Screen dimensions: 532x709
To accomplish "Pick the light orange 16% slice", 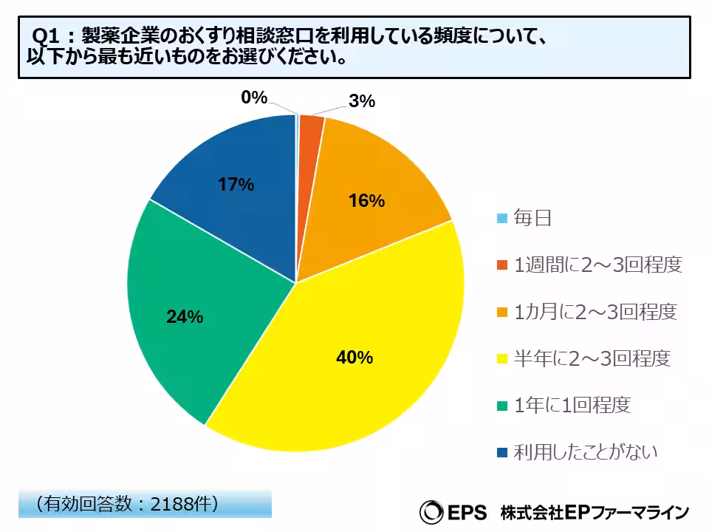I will pyautogui.click(x=369, y=192).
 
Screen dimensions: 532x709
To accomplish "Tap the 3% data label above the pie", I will pyautogui.click(x=362, y=101).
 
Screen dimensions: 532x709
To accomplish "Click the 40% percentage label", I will pyautogui.click(x=354, y=358).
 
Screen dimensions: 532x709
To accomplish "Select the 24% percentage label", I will pyautogui.click(x=185, y=317).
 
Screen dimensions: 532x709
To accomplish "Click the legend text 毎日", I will pyautogui.click(x=533, y=218).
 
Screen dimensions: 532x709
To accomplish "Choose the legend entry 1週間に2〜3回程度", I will pyautogui.click(x=597, y=265).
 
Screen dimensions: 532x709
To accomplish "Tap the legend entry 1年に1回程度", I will pyautogui.click(x=572, y=405).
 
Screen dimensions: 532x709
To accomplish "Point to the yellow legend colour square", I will pyautogui.click(x=502, y=359).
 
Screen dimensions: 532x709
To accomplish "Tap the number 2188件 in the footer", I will pyautogui.click(x=183, y=503).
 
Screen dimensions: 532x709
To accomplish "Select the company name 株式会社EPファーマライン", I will pyautogui.click(x=595, y=511).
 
